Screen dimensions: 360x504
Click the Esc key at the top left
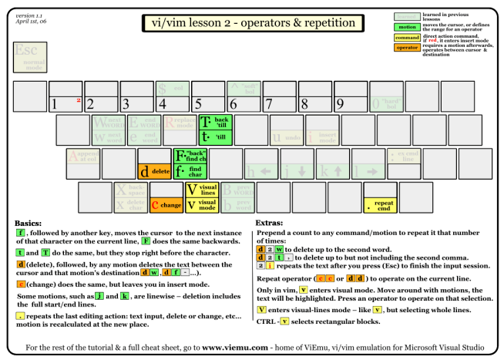pyautogui.click(x=29, y=55)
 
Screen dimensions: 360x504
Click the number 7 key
pyautogui.click(x=279, y=96)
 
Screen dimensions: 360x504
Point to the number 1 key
pyautogui.click(x=66, y=96)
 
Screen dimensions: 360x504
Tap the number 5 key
pyautogui.click(x=208, y=96)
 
